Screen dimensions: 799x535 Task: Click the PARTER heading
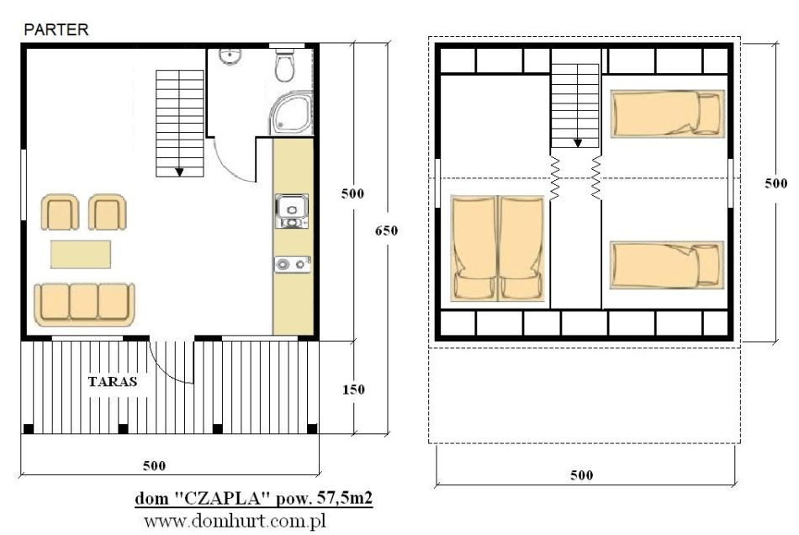pyautogui.click(x=56, y=29)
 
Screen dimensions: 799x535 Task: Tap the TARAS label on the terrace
pyautogui.click(x=113, y=382)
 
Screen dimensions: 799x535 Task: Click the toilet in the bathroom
pyautogui.click(x=284, y=66)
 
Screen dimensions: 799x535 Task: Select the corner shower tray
pyautogui.click(x=291, y=114)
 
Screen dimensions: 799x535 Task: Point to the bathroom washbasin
pyautogui.click(x=230, y=56)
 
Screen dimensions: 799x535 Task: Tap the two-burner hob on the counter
pyautogui.click(x=293, y=264)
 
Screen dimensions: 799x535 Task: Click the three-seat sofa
pyautogui.click(x=84, y=305)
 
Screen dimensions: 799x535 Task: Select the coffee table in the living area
pyautogui.click(x=81, y=254)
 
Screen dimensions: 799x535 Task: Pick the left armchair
pyautogui.click(x=60, y=212)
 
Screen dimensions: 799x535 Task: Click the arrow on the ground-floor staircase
pyautogui.click(x=179, y=172)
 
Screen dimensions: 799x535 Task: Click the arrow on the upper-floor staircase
pyautogui.click(x=577, y=143)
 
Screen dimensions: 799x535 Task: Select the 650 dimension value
pyautogui.click(x=386, y=230)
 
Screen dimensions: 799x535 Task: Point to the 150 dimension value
pyautogui.click(x=353, y=389)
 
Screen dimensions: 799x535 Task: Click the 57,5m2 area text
pyautogui.click(x=345, y=497)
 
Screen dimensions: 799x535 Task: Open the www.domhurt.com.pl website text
pyautogui.click(x=235, y=522)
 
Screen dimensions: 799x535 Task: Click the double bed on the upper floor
pyautogui.click(x=497, y=248)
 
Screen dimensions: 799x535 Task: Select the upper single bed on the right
pyautogui.click(x=668, y=114)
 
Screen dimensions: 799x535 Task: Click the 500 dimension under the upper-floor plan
pyautogui.click(x=581, y=475)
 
